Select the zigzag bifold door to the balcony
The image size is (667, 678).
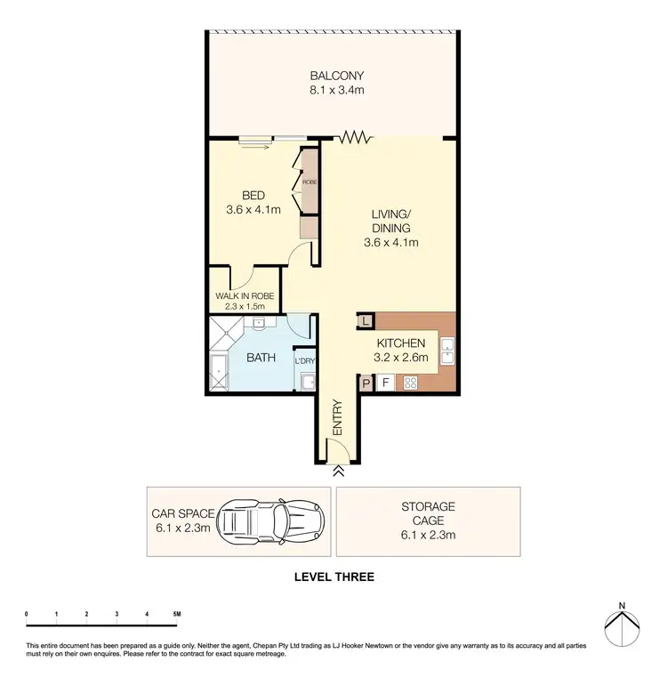pos(353,137)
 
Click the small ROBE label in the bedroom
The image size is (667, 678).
pos(309,182)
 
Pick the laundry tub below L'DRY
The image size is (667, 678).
pos(307,383)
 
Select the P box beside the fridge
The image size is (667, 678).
pos(366,383)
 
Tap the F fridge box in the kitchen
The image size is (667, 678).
pos(386,383)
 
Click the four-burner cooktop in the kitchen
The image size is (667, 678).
pos(412,383)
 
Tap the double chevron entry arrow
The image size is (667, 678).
pos(338,473)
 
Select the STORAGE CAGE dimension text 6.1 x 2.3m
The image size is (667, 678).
pos(428,535)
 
